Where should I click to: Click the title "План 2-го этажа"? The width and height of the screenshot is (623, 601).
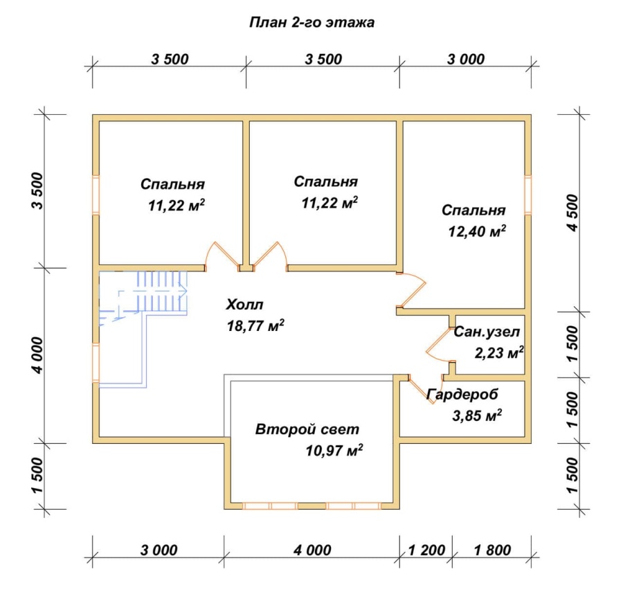point(311,22)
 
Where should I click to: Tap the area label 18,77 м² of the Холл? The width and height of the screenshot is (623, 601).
point(255,325)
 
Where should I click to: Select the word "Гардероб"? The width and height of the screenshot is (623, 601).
point(462,395)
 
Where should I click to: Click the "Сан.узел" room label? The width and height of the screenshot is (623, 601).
point(487,332)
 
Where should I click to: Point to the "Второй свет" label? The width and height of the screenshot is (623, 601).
point(307,429)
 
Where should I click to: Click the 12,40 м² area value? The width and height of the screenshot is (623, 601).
point(477,231)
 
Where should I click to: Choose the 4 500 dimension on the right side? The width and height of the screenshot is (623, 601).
point(573,213)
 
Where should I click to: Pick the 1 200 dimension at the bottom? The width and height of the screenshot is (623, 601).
point(426,550)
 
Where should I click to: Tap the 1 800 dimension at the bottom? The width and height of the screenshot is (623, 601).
point(492,550)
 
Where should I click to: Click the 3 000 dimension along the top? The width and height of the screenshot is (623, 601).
point(466,60)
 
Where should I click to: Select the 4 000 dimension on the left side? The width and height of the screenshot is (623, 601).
point(38,355)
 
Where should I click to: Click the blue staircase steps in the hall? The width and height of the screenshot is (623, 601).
point(163,293)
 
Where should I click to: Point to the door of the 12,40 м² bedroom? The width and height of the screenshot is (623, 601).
point(411,290)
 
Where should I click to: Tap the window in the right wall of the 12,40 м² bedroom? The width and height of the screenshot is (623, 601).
point(528,195)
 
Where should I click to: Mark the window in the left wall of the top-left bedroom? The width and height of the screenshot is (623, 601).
point(96,195)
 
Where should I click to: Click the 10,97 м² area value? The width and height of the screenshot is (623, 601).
point(334,450)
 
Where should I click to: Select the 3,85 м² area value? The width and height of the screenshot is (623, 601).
point(477,415)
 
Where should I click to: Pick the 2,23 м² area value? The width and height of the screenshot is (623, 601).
point(499,352)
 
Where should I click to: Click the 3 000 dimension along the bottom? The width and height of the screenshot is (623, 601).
point(159,550)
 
